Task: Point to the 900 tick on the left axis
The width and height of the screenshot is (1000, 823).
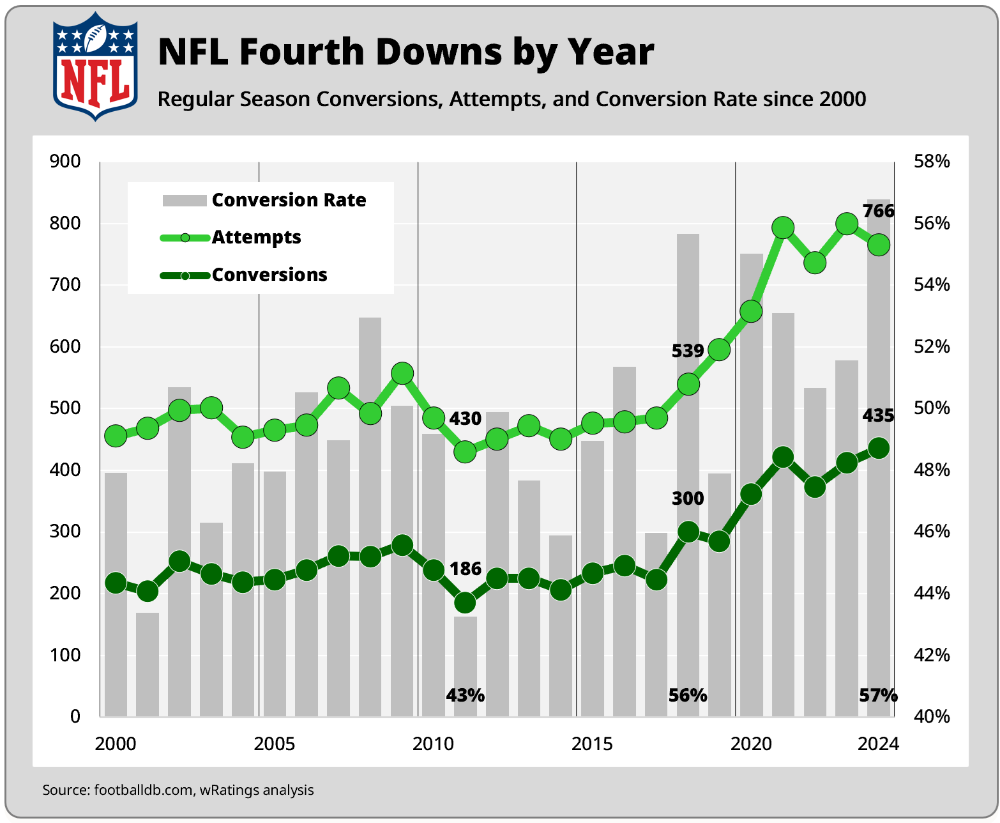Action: coord(65,162)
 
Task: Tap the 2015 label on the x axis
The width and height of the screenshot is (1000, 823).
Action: coord(592,744)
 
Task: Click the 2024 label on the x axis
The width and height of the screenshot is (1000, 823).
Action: coord(878,744)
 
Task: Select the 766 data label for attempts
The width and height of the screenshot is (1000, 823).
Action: coord(878,211)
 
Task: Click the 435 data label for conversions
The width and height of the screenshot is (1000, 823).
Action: coord(878,416)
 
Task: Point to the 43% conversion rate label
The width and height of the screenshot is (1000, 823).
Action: coord(465,695)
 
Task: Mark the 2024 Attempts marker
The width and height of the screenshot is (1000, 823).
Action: coord(879,245)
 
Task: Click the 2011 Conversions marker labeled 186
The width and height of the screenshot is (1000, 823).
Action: coord(465,603)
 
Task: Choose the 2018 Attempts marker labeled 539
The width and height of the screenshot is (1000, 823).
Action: coord(688,385)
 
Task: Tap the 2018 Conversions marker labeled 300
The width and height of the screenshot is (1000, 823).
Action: coord(688,532)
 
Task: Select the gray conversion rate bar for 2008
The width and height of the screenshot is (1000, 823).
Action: coord(370,511)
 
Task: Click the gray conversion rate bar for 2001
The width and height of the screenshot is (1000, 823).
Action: coord(148,665)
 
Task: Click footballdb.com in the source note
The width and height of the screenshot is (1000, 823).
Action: coord(144,790)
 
